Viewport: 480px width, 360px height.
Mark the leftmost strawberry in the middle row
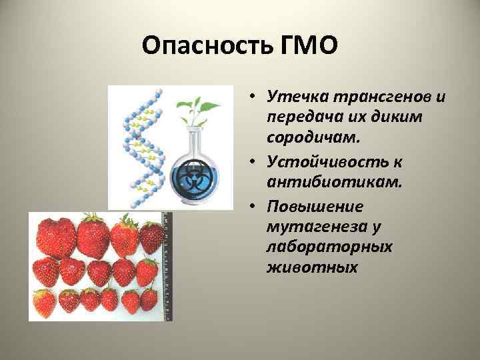pyautogui.click(x=46, y=271)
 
